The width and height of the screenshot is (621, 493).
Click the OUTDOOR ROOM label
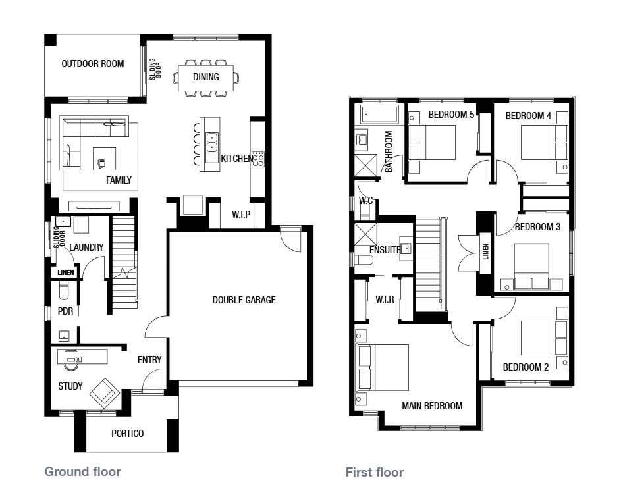(93, 64)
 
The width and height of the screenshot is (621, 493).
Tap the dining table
(206, 78)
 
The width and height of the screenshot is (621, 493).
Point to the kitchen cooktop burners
(258, 159)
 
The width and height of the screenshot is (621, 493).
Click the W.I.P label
(241, 214)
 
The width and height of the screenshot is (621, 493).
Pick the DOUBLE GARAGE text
(244, 300)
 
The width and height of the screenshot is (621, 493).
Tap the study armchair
(105, 393)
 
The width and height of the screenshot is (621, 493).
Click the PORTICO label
(128, 434)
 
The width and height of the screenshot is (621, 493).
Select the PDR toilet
(64, 290)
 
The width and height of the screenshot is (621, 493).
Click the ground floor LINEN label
(66, 272)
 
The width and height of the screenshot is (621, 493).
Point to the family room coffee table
(105, 159)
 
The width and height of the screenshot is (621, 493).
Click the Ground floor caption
(83, 471)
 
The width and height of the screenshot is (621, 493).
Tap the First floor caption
(375, 472)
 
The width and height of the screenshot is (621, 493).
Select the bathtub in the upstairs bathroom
(379, 115)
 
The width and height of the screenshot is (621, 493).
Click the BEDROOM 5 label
(451, 115)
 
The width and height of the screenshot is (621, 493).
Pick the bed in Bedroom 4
(544, 143)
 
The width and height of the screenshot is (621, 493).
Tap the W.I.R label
(385, 299)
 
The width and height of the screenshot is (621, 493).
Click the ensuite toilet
(364, 260)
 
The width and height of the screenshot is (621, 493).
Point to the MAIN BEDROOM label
(432, 406)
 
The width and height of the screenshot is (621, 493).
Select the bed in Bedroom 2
(544, 338)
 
